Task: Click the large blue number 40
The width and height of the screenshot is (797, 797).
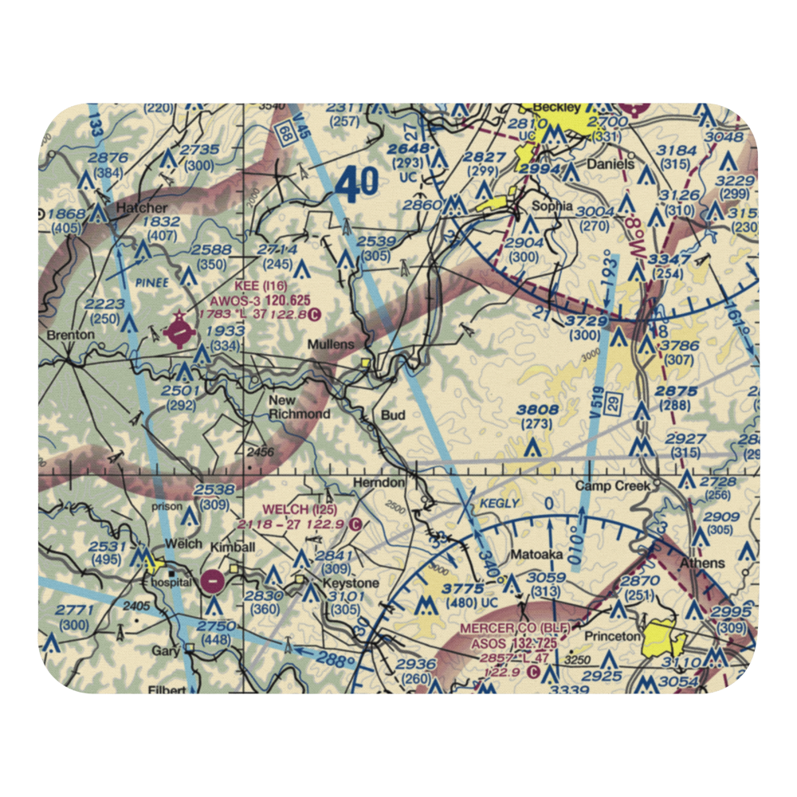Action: point(355,186)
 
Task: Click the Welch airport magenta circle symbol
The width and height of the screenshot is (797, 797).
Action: point(213,581)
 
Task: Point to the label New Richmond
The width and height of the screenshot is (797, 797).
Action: point(299,407)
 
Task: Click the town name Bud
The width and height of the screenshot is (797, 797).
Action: point(393,415)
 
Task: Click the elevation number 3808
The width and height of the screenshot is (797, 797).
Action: point(537,410)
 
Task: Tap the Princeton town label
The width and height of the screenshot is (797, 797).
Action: point(612,636)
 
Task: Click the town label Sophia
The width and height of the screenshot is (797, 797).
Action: point(552,206)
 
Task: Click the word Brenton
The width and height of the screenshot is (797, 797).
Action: point(65,336)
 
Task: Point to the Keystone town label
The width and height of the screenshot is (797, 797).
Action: point(351,583)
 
